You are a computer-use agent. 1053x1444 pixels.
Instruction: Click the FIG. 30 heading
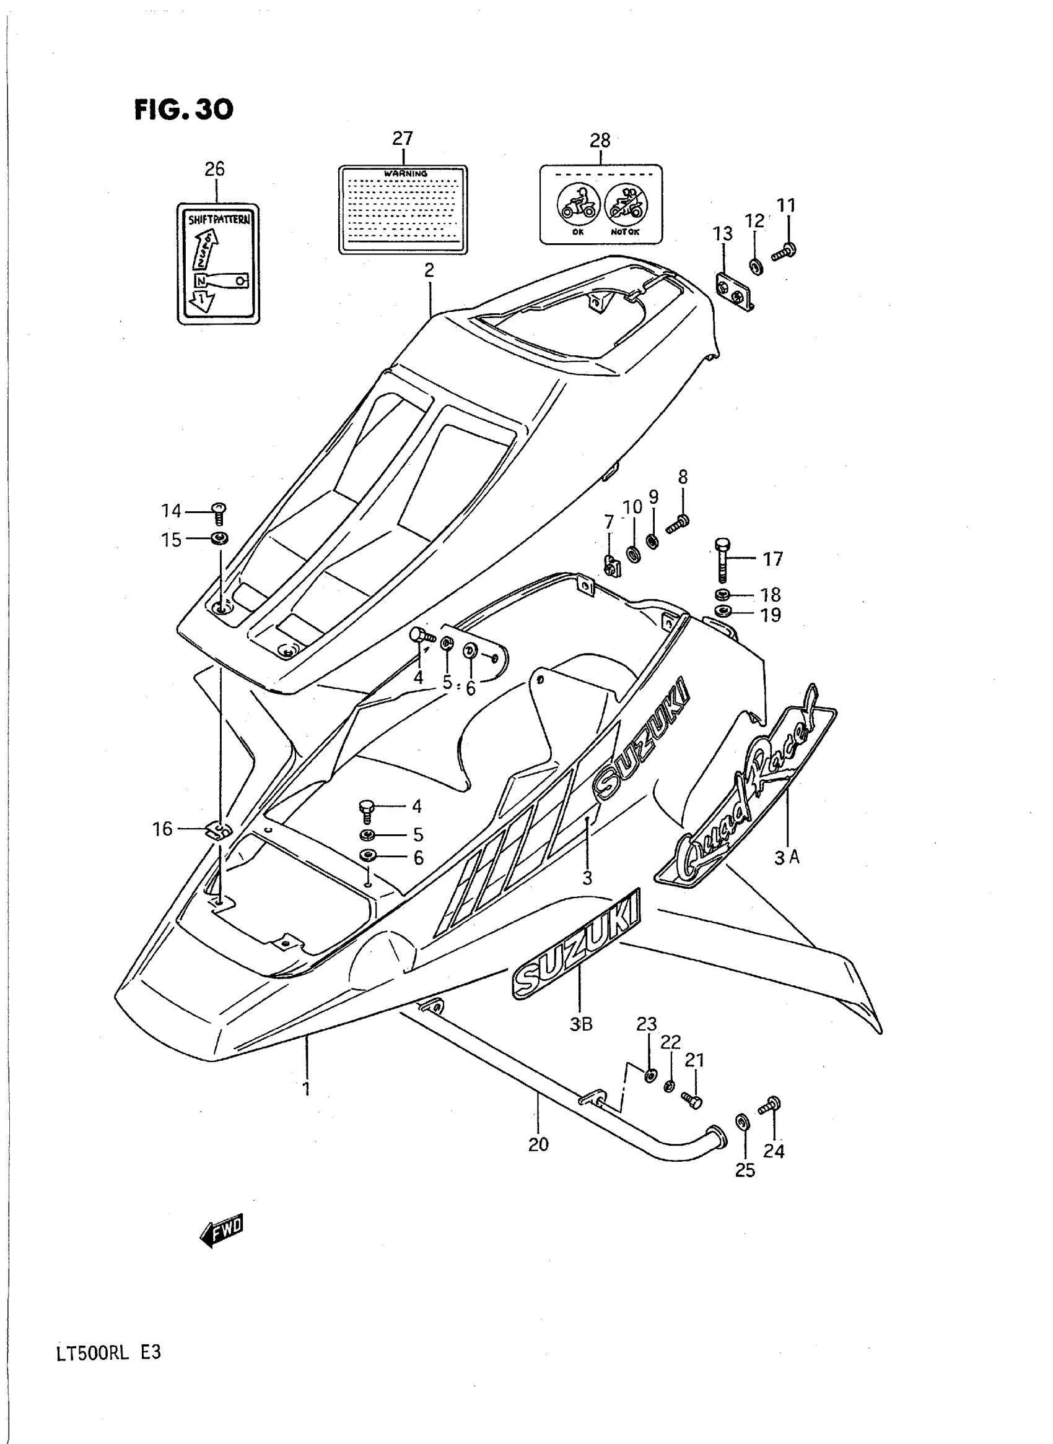(183, 110)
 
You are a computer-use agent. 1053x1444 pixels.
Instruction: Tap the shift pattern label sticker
(218, 264)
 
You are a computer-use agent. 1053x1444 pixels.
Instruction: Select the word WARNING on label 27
(404, 173)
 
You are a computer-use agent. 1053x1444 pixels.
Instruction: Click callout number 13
(723, 234)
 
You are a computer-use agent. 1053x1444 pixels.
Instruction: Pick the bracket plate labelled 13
(733, 290)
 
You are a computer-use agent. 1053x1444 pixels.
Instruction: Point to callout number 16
(162, 829)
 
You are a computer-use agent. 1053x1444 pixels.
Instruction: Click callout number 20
(538, 1144)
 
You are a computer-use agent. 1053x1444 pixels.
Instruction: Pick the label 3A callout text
(787, 857)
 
